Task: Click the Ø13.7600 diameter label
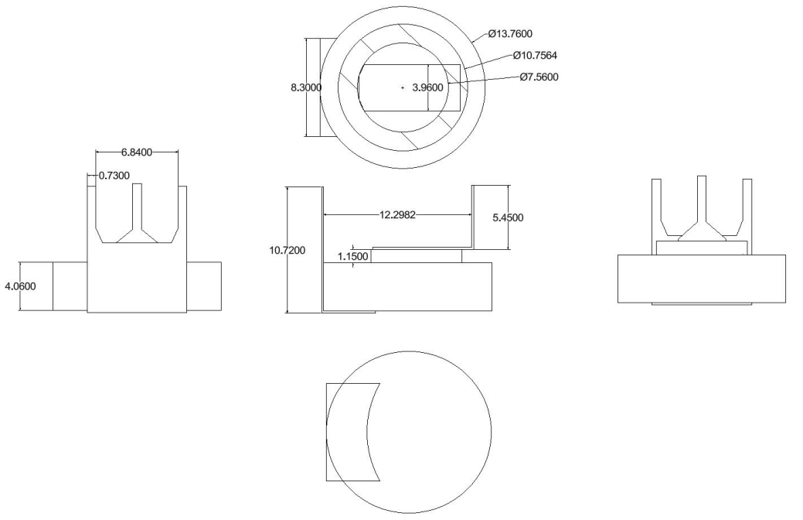pos(510,34)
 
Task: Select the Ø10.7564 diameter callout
pos(535,56)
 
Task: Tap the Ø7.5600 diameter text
pos(539,77)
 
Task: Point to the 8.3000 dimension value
pos(306,87)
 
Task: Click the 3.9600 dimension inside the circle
pos(427,87)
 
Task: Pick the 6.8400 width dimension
pos(137,152)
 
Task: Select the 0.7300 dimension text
pos(114,176)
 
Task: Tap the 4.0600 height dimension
pos(21,286)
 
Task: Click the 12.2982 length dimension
pos(397,215)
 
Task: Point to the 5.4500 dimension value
pos(508,217)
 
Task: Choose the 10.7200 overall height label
pos(288,250)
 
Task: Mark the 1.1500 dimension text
pos(353,256)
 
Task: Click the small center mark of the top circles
pos(403,87)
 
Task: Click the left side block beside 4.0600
pos(70,286)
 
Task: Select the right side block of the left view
pos(204,286)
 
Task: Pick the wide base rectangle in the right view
pos(702,279)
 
